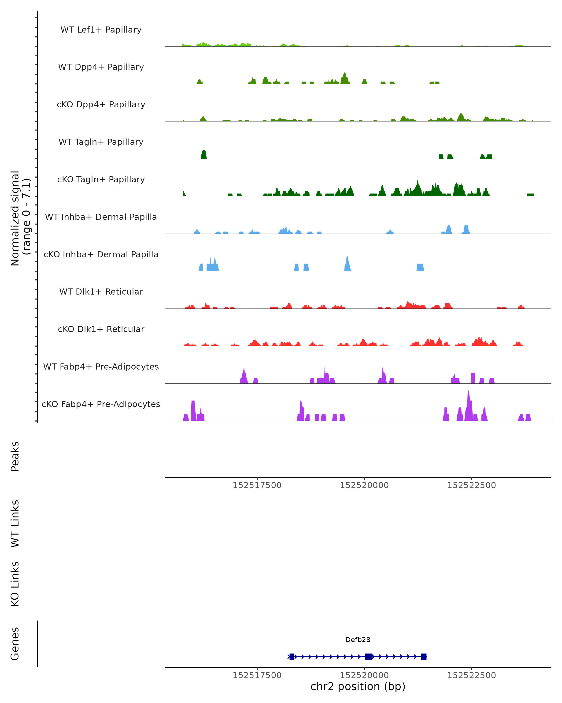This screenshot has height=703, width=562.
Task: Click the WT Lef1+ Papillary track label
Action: tap(101, 30)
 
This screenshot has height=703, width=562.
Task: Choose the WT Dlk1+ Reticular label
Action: tap(101, 292)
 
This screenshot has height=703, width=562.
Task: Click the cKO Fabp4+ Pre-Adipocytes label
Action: tap(101, 404)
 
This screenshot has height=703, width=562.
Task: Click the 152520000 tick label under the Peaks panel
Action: tap(364, 485)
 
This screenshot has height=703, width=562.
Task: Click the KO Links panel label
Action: tap(15, 584)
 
